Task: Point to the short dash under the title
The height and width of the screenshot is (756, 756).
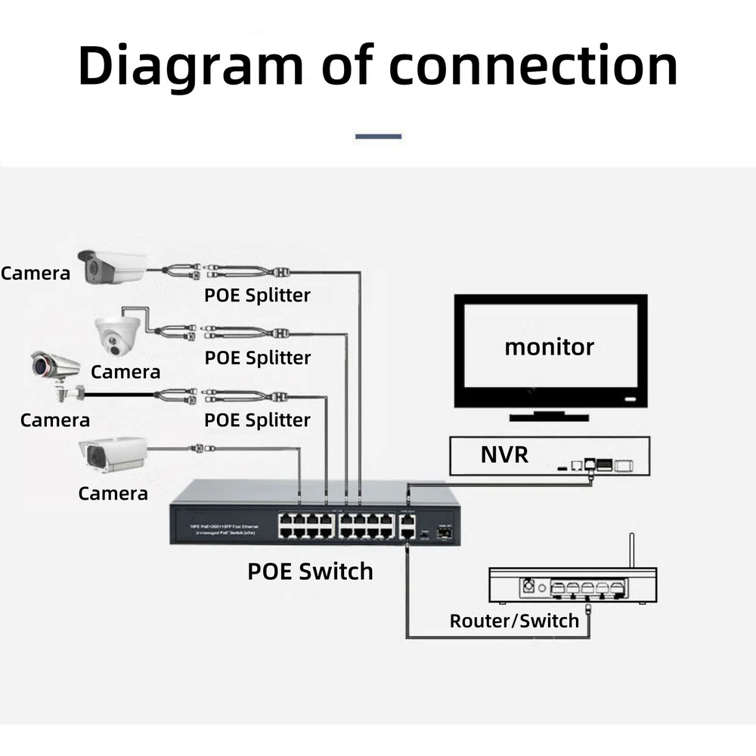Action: (378, 137)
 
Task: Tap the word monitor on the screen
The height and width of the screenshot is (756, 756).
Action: (549, 347)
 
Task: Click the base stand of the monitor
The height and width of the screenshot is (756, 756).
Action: (550, 415)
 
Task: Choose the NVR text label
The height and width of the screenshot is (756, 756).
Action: (504, 455)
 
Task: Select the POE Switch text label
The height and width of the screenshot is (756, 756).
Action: (310, 571)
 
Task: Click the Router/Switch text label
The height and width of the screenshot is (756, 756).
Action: (514, 621)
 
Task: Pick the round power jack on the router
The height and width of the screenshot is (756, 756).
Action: (530, 586)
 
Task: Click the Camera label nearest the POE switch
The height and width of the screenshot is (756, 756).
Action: (113, 494)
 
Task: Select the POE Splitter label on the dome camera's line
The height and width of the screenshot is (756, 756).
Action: (257, 357)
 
